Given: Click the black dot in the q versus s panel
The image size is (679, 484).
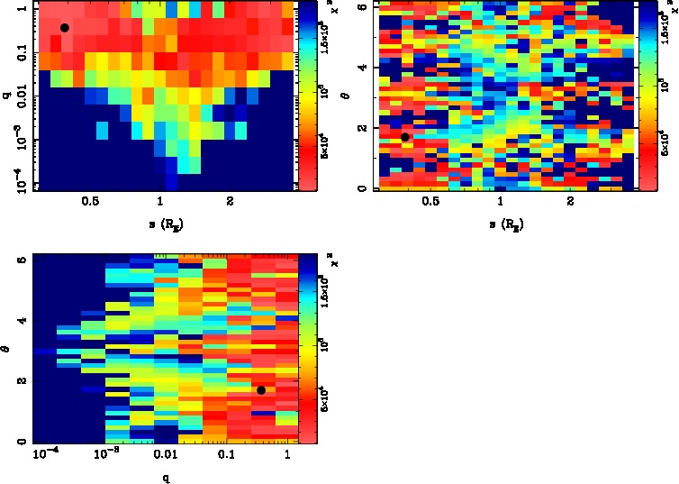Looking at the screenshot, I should (65, 28).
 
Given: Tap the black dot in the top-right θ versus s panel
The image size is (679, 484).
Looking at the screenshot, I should (405, 137).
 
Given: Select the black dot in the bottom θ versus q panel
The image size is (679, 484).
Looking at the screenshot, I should (261, 389).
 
